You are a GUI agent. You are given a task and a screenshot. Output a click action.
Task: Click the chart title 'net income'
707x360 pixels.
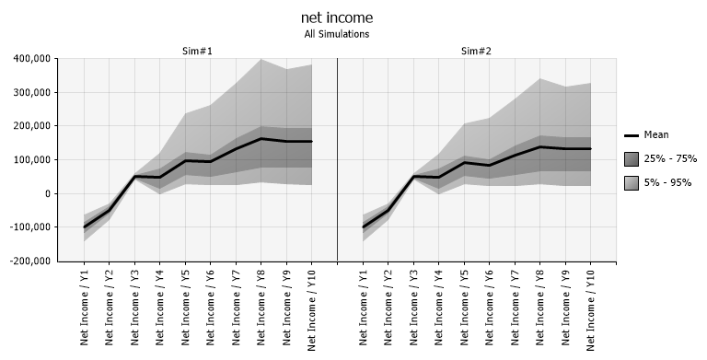pyautogui.click(x=337, y=17)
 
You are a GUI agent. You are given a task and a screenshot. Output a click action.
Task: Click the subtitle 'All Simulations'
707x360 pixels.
pyautogui.click(x=337, y=34)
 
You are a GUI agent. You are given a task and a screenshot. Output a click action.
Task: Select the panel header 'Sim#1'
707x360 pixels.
pyautogui.click(x=197, y=51)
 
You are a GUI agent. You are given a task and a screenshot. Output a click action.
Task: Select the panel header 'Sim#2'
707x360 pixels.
pyautogui.click(x=476, y=51)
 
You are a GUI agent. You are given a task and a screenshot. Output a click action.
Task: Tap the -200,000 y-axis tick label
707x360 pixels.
pyautogui.click(x=28, y=261)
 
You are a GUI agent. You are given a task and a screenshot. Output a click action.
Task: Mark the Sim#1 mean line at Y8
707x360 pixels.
pyautogui.click(x=261, y=139)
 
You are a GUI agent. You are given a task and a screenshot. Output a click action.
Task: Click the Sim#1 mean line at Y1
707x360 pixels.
pyautogui.click(x=86, y=226)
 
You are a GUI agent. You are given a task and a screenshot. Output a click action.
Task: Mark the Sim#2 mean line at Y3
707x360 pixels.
pyautogui.click(x=413, y=176)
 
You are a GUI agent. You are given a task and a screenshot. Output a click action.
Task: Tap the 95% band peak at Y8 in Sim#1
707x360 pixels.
pyautogui.click(x=261, y=60)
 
